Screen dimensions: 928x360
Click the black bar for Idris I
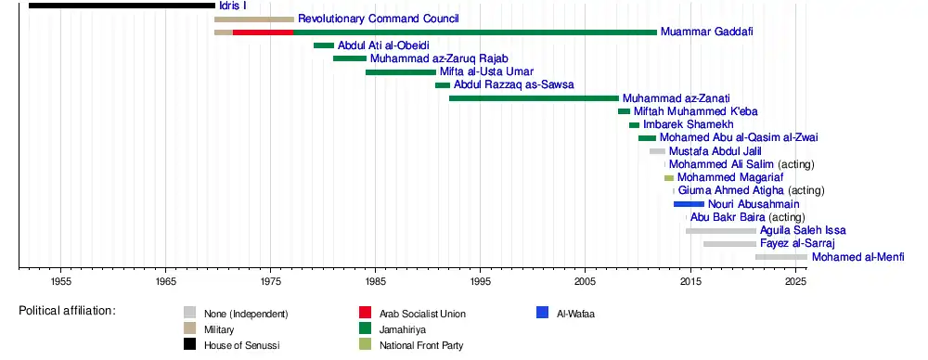122,6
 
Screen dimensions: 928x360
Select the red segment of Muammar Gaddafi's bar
263,32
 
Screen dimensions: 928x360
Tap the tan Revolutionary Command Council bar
254,19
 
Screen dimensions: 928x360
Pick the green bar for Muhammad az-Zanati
534,98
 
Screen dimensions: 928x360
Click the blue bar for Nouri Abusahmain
689,204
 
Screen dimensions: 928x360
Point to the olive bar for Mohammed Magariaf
669,177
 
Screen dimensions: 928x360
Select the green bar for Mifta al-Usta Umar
401,72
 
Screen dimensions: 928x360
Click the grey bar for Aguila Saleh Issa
721,230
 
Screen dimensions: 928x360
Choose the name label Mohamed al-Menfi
858,257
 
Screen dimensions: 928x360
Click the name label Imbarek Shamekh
689,125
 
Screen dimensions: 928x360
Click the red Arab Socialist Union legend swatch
365,313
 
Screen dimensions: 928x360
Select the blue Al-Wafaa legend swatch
542,313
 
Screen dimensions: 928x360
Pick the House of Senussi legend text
242,345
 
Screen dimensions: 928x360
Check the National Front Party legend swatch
365,344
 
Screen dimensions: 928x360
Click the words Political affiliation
67,310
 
